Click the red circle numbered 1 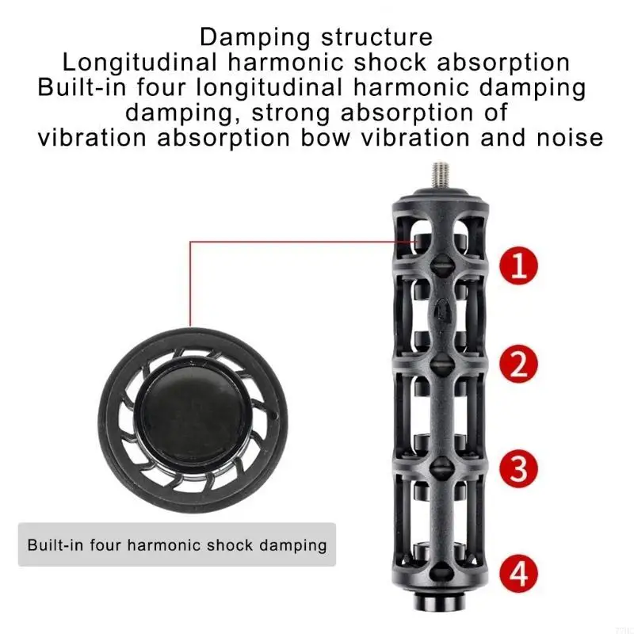click(x=519, y=266)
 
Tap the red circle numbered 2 click(x=519, y=363)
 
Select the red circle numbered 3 click(x=519, y=468)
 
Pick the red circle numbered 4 click(x=519, y=573)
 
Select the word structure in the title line click(x=376, y=37)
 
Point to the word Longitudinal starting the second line click(x=139, y=63)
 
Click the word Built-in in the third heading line click(x=82, y=87)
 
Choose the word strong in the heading click(x=290, y=113)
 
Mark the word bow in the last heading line click(x=325, y=138)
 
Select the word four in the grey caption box click(x=105, y=545)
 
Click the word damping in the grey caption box click(x=292, y=546)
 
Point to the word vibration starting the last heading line click(x=92, y=138)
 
